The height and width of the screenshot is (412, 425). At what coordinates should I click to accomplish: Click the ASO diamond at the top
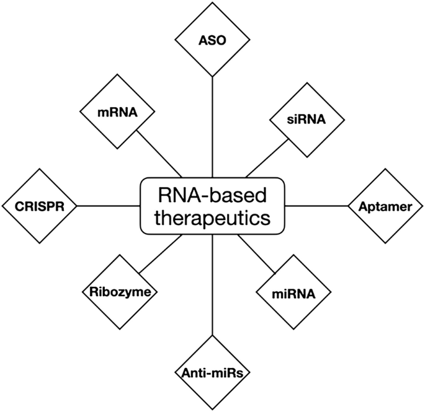coord(212,41)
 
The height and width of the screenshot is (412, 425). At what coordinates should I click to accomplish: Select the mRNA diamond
coord(117,113)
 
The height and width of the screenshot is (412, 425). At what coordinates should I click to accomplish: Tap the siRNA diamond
coord(306,119)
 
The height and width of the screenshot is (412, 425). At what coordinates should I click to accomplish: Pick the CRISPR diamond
coord(39,205)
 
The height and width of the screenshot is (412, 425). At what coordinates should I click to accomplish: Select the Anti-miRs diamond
coord(212,372)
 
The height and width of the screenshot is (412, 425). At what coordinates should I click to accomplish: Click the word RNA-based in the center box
coord(212,196)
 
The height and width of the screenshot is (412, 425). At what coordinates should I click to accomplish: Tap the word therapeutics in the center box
coord(212,218)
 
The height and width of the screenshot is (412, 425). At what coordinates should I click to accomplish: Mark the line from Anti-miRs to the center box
coord(212,285)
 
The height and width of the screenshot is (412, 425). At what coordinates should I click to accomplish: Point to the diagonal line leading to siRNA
coord(267,158)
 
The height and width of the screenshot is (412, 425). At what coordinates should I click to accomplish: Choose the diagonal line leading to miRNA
coord(256,253)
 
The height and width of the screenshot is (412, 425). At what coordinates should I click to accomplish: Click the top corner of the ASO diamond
coord(212,7)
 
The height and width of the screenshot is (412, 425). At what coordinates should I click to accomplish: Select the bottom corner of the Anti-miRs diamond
coord(212,408)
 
